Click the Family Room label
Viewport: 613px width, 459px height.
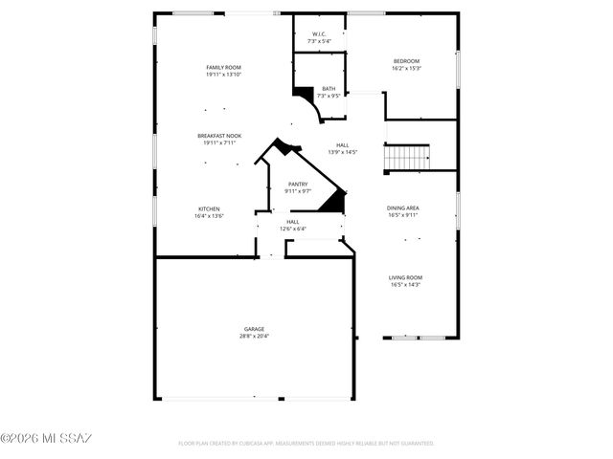pos(223,67)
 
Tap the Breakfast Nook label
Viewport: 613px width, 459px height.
pos(218,136)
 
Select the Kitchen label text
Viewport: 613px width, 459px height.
pos(210,208)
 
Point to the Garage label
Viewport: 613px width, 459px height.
pos(254,329)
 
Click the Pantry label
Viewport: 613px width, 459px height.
pos(298,184)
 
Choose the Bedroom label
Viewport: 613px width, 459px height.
pos(406,61)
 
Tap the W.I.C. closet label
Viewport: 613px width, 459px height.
pos(320,35)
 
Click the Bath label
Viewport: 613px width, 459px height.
pos(329,89)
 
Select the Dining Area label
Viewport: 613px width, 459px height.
pos(402,208)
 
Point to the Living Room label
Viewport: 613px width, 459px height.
pos(405,277)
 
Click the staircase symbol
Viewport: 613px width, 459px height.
pos(406,157)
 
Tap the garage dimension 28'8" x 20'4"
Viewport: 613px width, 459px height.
pos(254,337)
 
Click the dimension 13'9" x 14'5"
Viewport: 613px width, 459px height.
pos(342,152)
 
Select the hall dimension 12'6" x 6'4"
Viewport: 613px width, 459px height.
pos(292,229)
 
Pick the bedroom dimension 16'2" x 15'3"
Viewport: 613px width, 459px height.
pos(406,69)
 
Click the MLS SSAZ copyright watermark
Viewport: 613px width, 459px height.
pos(46,439)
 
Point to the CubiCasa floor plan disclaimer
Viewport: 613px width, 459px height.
pos(306,444)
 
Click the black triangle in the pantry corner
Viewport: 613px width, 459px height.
pos(334,201)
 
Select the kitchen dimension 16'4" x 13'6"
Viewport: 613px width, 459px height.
pos(210,216)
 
